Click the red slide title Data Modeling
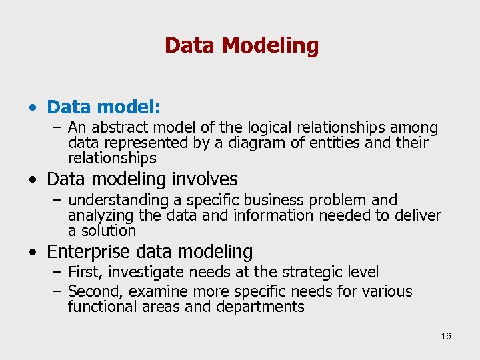[241, 45]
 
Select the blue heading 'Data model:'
[104, 107]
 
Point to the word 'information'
[273, 215]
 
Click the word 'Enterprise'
[90, 252]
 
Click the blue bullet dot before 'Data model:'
[33, 107]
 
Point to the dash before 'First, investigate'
[58, 272]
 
